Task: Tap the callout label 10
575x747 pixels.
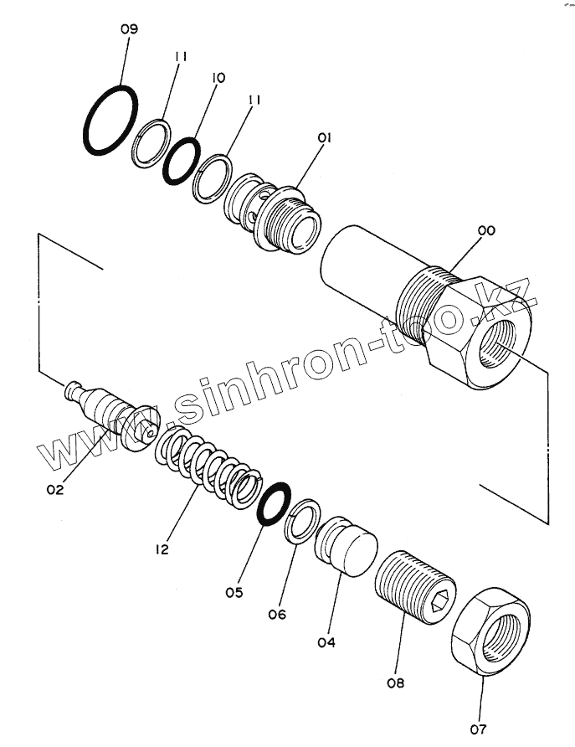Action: tap(218, 78)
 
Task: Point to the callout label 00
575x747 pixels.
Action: tap(486, 229)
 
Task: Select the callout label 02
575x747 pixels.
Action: tap(55, 490)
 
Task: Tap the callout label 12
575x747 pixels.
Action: tap(162, 549)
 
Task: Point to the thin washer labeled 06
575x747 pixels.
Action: tap(304, 521)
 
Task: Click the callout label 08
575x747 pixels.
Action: tap(395, 682)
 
